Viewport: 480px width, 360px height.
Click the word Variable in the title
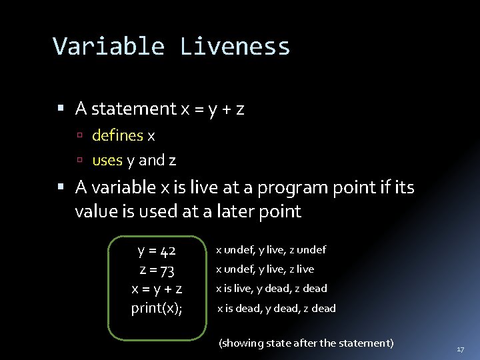(x=109, y=47)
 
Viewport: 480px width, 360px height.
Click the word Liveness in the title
(x=235, y=47)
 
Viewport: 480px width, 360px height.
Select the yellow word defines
(x=117, y=136)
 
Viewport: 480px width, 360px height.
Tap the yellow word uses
(x=107, y=161)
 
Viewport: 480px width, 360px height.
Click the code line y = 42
(x=157, y=251)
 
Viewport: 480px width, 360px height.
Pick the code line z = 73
(x=157, y=270)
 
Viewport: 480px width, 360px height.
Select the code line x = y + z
(x=157, y=289)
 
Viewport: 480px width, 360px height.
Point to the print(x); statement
(x=157, y=308)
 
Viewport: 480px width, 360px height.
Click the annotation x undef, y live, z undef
(x=270, y=250)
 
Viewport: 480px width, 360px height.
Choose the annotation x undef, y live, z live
(x=264, y=269)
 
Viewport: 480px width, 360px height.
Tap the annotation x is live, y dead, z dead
(x=272, y=289)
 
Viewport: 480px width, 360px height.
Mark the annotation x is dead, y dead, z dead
(x=276, y=308)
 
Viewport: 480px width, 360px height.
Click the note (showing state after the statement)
(x=306, y=343)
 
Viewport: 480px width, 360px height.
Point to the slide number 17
(x=460, y=349)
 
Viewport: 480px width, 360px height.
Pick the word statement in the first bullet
(x=132, y=109)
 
